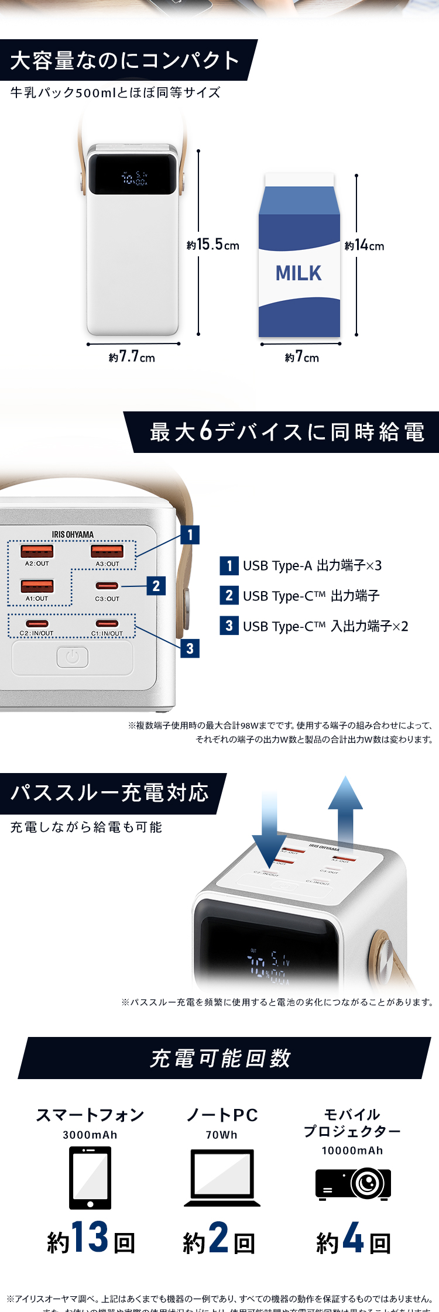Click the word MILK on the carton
pyautogui.click(x=299, y=273)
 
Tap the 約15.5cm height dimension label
pyautogui.click(x=213, y=245)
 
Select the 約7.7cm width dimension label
pyautogui.click(x=132, y=357)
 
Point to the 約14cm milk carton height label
pyautogui.click(x=365, y=245)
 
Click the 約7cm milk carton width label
pyautogui.click(x=302, y=357)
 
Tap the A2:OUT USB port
pyautogui.click(x=37, y=551)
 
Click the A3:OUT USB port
pyautogui.click(x=107, y=551)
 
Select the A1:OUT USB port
pyautogui.click(x=37, y=586)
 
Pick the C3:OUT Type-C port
pyautogui.click(x=107, y=586)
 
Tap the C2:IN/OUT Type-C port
pyautogui.click(x=37, y=623)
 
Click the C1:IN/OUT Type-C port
pyautogui.click(x=107, y=623)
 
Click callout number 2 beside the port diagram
pyautogui.click(x=156, y=586)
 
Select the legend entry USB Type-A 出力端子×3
pyautogui.click(x=301, y=566)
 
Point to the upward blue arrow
pyautogui.click(x=345, y=810)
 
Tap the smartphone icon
pyautogui.click(x=90, y=1177)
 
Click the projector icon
pyautogui.click(x=353, y=1184)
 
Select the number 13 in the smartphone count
pyautogui.click(x=90, y=1237)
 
